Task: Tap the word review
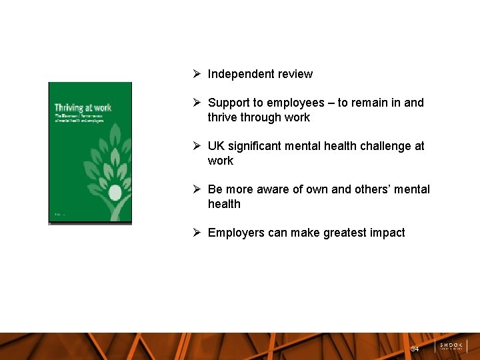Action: tap(296, 74)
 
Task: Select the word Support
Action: tap(227, 103)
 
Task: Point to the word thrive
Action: tap(223, 117)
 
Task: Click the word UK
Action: tap(216, 146)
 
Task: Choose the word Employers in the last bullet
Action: tap(236, 233)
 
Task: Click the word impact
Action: tap(387, 233)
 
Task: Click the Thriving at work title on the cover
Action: tap(83, 107)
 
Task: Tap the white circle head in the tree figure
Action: tap(115, 193)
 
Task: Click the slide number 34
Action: tap(415, 349)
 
